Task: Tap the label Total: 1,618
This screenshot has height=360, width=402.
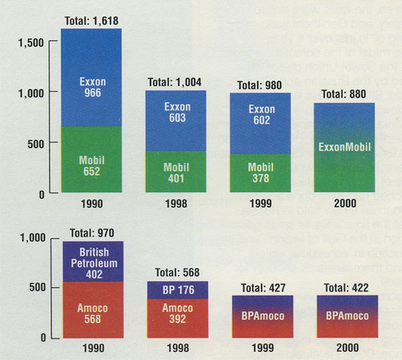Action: pyautogui.click(x=91, y=22)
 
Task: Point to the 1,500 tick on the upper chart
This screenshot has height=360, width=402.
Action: pyautogui.click(x=31, y=42)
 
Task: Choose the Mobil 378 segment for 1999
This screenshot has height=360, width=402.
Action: pyautogui.click(x=261, y=174)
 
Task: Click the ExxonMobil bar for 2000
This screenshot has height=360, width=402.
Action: pyautogui.click(x=344, y=148)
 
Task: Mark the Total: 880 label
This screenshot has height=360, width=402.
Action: pyautogui.click(x=344, y=95)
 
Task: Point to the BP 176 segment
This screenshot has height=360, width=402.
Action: pyautogui.click(x=177, y=290)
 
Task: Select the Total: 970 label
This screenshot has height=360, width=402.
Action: pyautogui.click(x=91, y=232)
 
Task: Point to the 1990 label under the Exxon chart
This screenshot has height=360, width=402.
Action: pyautogui.click(x=91, y=204)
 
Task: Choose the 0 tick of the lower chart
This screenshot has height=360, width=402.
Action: pyautogui.click(x=45, y=338)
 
